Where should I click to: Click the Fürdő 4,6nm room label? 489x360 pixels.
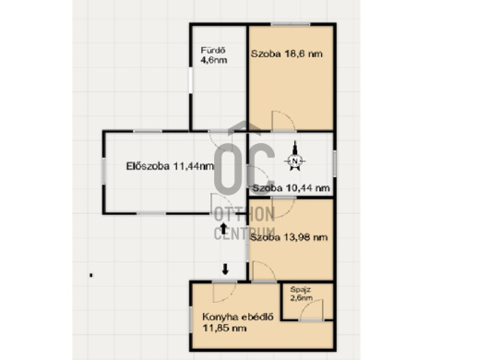pos(214,55)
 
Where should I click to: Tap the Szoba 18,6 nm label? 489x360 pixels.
pos(287,54)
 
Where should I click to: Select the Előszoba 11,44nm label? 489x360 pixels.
pos(170,166)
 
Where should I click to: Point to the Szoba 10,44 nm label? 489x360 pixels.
pos(291,188)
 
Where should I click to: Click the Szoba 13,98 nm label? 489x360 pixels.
pos(289,238)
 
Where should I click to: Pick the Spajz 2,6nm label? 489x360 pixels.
pos(302,294)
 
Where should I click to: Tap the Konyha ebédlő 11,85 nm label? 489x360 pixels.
pos(238,322)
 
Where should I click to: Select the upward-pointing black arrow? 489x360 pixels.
pos(223,228)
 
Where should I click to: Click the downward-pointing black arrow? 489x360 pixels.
pos(225,270)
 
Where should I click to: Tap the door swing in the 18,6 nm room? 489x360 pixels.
pos(283,121)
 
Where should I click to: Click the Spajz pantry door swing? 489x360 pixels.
pos(312,310)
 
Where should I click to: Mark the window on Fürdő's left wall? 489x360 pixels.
pos(191,80)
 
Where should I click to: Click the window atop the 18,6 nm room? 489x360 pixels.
pos(291,24)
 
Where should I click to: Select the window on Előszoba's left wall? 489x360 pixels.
pos(104,171)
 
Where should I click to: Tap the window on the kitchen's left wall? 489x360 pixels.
pos(191,318)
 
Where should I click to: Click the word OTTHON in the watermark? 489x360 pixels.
pos(244,214)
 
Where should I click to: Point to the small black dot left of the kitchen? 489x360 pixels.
pos(91,275)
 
